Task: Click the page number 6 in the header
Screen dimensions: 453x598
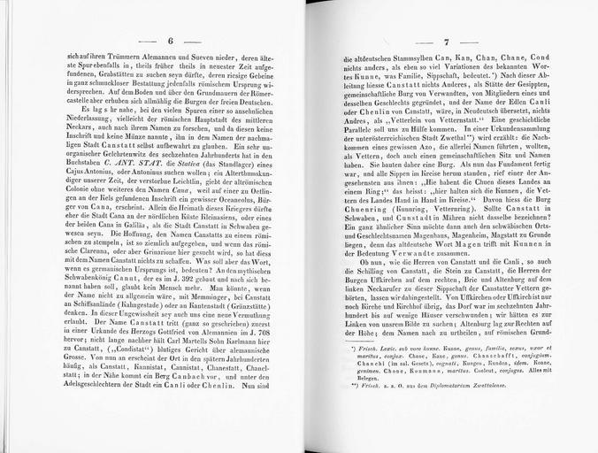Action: pos(170,41)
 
